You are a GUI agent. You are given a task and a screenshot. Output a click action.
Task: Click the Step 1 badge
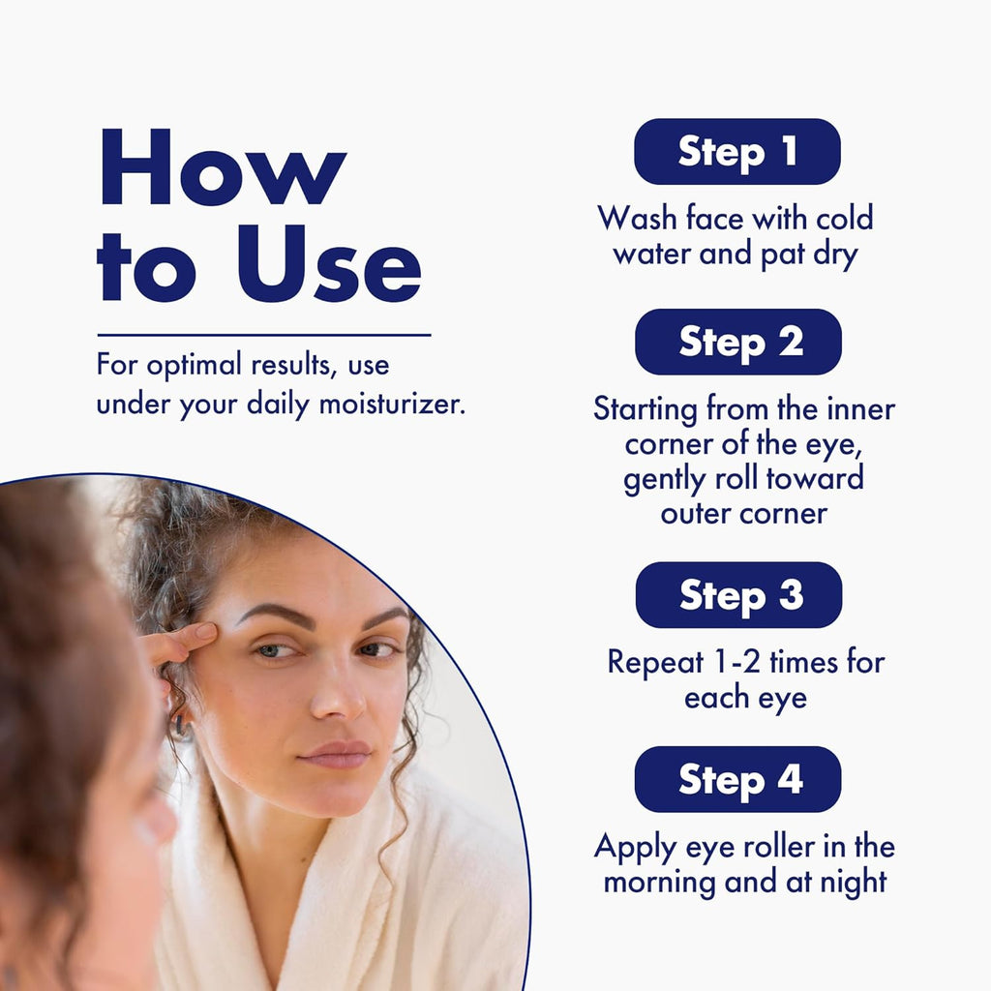pos(736,152)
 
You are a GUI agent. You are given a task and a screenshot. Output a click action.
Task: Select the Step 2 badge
pos(738,342)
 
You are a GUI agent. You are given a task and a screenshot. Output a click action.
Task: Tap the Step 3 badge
pos(738,595)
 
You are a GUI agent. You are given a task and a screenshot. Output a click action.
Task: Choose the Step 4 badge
pos(738,779)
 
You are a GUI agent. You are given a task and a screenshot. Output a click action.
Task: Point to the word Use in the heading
pos(329,263)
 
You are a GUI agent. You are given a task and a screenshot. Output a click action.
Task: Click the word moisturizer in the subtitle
pos(393,404)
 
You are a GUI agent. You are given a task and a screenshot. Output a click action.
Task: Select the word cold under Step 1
pos(844,218)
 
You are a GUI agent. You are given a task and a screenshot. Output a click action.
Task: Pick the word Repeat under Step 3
pos(655,663)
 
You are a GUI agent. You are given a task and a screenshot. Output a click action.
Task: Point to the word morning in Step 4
pos(659,883)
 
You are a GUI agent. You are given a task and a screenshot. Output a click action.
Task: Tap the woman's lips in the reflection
pos(335,754)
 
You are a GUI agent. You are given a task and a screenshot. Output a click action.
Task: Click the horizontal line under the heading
pos(264,335)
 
